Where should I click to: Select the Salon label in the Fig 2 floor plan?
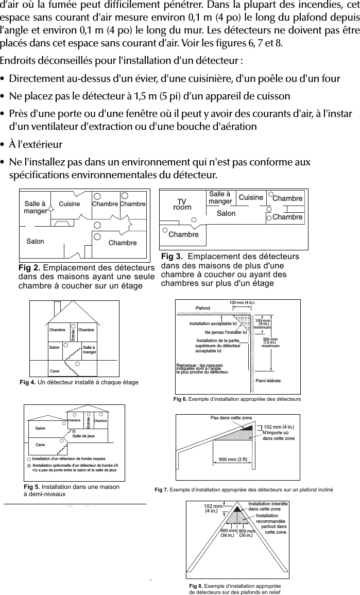click(x=35, y=241)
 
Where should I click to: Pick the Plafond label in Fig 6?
click(x=203, y=308)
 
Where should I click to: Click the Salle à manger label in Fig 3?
click(x=220, y=197)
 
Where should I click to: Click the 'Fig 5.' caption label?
click(x=32, y=486)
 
